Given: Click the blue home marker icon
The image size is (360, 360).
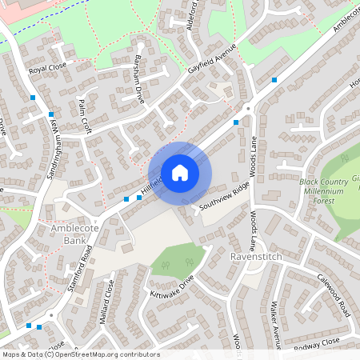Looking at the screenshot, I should [180, 172].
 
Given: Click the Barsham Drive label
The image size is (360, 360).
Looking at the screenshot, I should [138, 82].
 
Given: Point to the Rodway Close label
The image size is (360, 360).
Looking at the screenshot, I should [317, 344].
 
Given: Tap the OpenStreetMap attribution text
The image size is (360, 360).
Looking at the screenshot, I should [80, 354].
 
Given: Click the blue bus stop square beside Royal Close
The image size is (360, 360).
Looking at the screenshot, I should [33, 98].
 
